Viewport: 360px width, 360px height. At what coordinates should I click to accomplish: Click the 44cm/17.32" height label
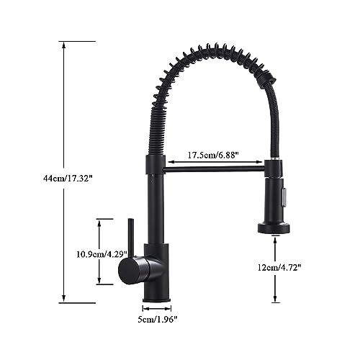[x=68, y=179]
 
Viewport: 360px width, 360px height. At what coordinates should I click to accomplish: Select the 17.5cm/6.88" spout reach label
[x=213, y=155]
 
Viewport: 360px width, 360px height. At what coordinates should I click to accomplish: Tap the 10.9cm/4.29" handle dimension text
[x=102, y=254]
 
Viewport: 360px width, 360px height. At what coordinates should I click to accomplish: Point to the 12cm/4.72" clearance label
[x=279, y=267]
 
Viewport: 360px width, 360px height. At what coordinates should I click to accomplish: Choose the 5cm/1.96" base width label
[x=158, y=319]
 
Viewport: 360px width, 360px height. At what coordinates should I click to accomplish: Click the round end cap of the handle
[x=129, y=271]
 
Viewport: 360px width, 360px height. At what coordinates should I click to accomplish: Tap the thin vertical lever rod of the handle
[x=131, y=238]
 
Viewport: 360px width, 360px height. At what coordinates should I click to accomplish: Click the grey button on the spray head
[x=284, y=197]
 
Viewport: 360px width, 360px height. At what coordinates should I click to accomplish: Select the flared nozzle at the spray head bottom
[x=274, y=228]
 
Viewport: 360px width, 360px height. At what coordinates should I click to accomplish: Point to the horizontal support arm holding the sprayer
[x=214, y=169]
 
